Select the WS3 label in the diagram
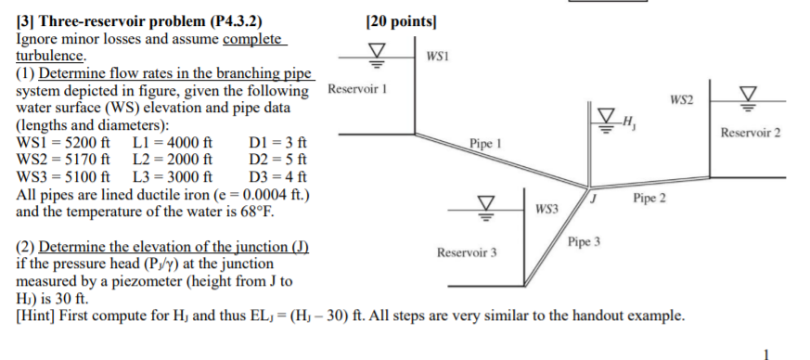click(x=547, y=210)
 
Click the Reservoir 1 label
click(x=357, y=89)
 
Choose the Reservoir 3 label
click(x=467, y=251)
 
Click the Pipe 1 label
click(x=485, y=146)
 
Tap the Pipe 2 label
click(x=649, y=199)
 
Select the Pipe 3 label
click(x=585, y=241)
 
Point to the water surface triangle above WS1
click(x=377, y=51)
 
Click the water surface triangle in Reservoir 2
click(x=748, y=93)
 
